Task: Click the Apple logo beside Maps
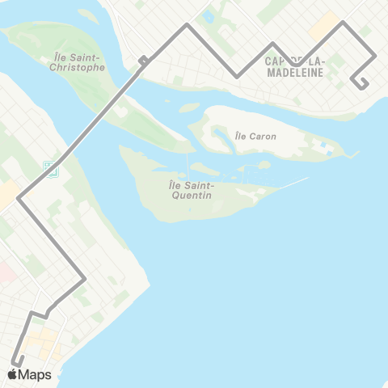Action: pos(12,374)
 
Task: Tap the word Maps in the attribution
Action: pos(35,374)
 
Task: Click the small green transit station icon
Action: pos(51,169)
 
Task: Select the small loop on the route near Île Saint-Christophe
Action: pos(142,59)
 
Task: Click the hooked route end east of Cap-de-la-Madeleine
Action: pos(361,83)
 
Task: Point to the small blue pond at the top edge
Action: pos(209,15)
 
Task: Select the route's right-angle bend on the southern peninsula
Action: pos(84,280)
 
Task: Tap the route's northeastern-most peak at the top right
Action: pos(344,22)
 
